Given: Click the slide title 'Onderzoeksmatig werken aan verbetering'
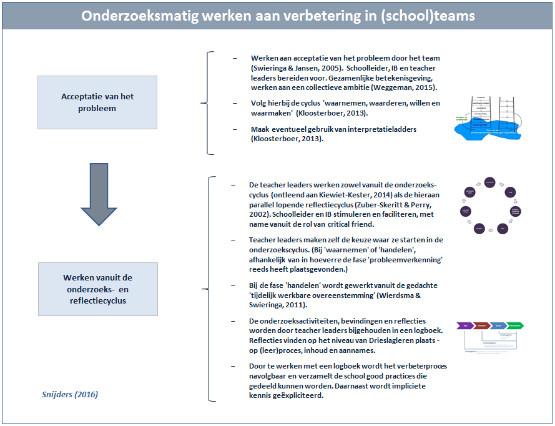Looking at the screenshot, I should [277, 16].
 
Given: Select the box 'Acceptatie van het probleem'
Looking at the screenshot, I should [97, 102].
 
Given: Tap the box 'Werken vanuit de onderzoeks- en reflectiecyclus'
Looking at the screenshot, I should [97, 289].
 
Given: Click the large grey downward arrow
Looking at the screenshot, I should [99, 194].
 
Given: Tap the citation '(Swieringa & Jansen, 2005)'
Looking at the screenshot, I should [291, 67].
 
